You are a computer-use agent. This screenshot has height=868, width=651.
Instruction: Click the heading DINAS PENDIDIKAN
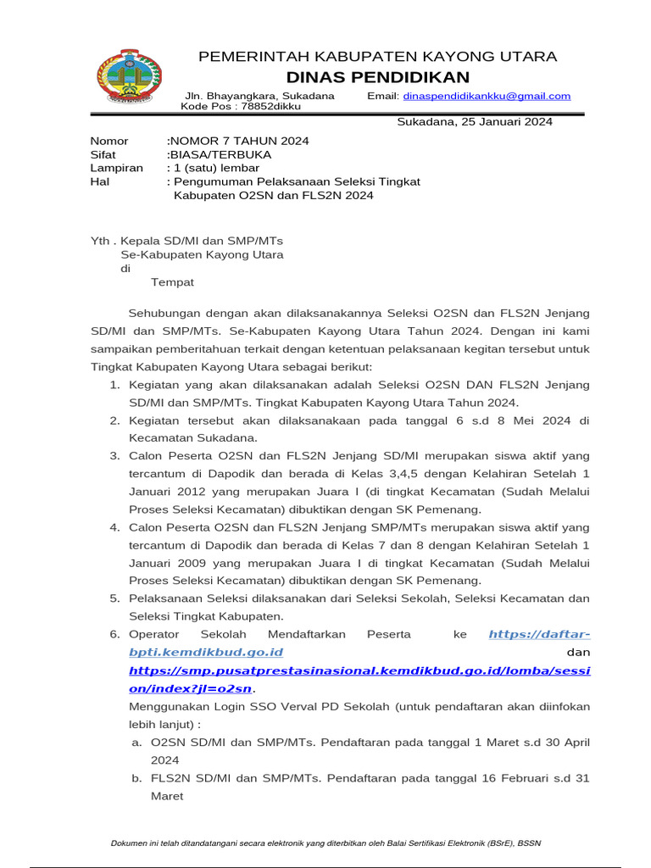coord(377,77)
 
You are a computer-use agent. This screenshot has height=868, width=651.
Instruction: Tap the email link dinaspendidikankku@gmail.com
coord(498,97)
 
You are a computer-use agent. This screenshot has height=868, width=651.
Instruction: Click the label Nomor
coord(109,141)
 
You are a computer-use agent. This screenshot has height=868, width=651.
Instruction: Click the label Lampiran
coord(116,168)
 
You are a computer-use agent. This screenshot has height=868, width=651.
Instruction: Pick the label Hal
coord(100,181)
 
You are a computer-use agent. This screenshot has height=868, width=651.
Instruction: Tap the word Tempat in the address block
coord(172,281)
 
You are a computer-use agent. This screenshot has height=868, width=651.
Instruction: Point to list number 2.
coord(114,420)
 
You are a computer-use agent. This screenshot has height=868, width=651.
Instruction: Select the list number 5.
coord(114,598)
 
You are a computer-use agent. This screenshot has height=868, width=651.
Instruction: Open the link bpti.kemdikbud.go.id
coord(206,652)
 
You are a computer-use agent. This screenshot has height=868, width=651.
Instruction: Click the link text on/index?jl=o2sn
coord(191,688)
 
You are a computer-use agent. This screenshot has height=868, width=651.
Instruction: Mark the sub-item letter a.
coord(136,742)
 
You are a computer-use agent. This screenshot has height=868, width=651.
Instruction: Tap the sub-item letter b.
coord(136,777)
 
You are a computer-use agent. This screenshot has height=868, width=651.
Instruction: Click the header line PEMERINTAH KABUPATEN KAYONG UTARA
coord(377,57)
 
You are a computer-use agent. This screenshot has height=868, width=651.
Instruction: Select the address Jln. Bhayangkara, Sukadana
coord(259,96)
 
